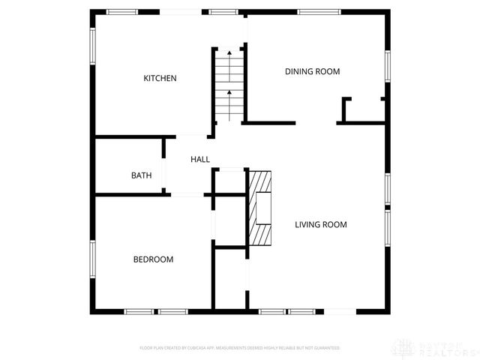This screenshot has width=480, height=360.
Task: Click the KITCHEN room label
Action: click(x=160, y=78)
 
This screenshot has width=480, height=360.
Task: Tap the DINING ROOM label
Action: click(x=312, y=72)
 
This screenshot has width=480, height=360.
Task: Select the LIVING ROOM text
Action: click(x=320, y=224)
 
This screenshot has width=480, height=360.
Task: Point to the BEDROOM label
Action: click(x=153, y=259)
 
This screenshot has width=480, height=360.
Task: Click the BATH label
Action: click(x=142, y=175)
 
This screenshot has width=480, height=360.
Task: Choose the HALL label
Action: click(x=200, y=159)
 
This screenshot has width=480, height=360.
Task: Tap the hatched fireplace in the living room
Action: click(x=262, y=208)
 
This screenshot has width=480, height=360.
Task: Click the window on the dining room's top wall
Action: click(x=320, y=11)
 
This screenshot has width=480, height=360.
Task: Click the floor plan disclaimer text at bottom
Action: click(x=240, y=348)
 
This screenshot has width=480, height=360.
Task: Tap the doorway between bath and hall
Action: click(x=164, y=175)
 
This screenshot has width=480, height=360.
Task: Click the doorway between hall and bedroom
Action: click(x=187, y=195)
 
